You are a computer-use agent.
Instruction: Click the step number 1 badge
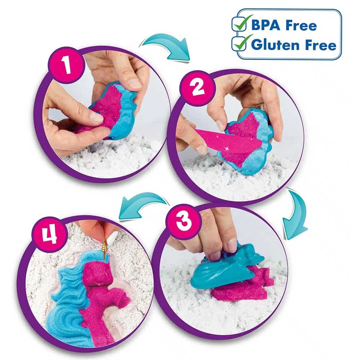click(x=66, y=65)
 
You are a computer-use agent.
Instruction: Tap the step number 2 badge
click(x=198, y=88)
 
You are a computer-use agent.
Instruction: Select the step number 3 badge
click(x=183, y=221)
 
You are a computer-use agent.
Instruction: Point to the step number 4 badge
click(x=49, y=235)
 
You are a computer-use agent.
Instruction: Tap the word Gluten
click(x=275, y=45)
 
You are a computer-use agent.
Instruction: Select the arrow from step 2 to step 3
click(x=296, y=212)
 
